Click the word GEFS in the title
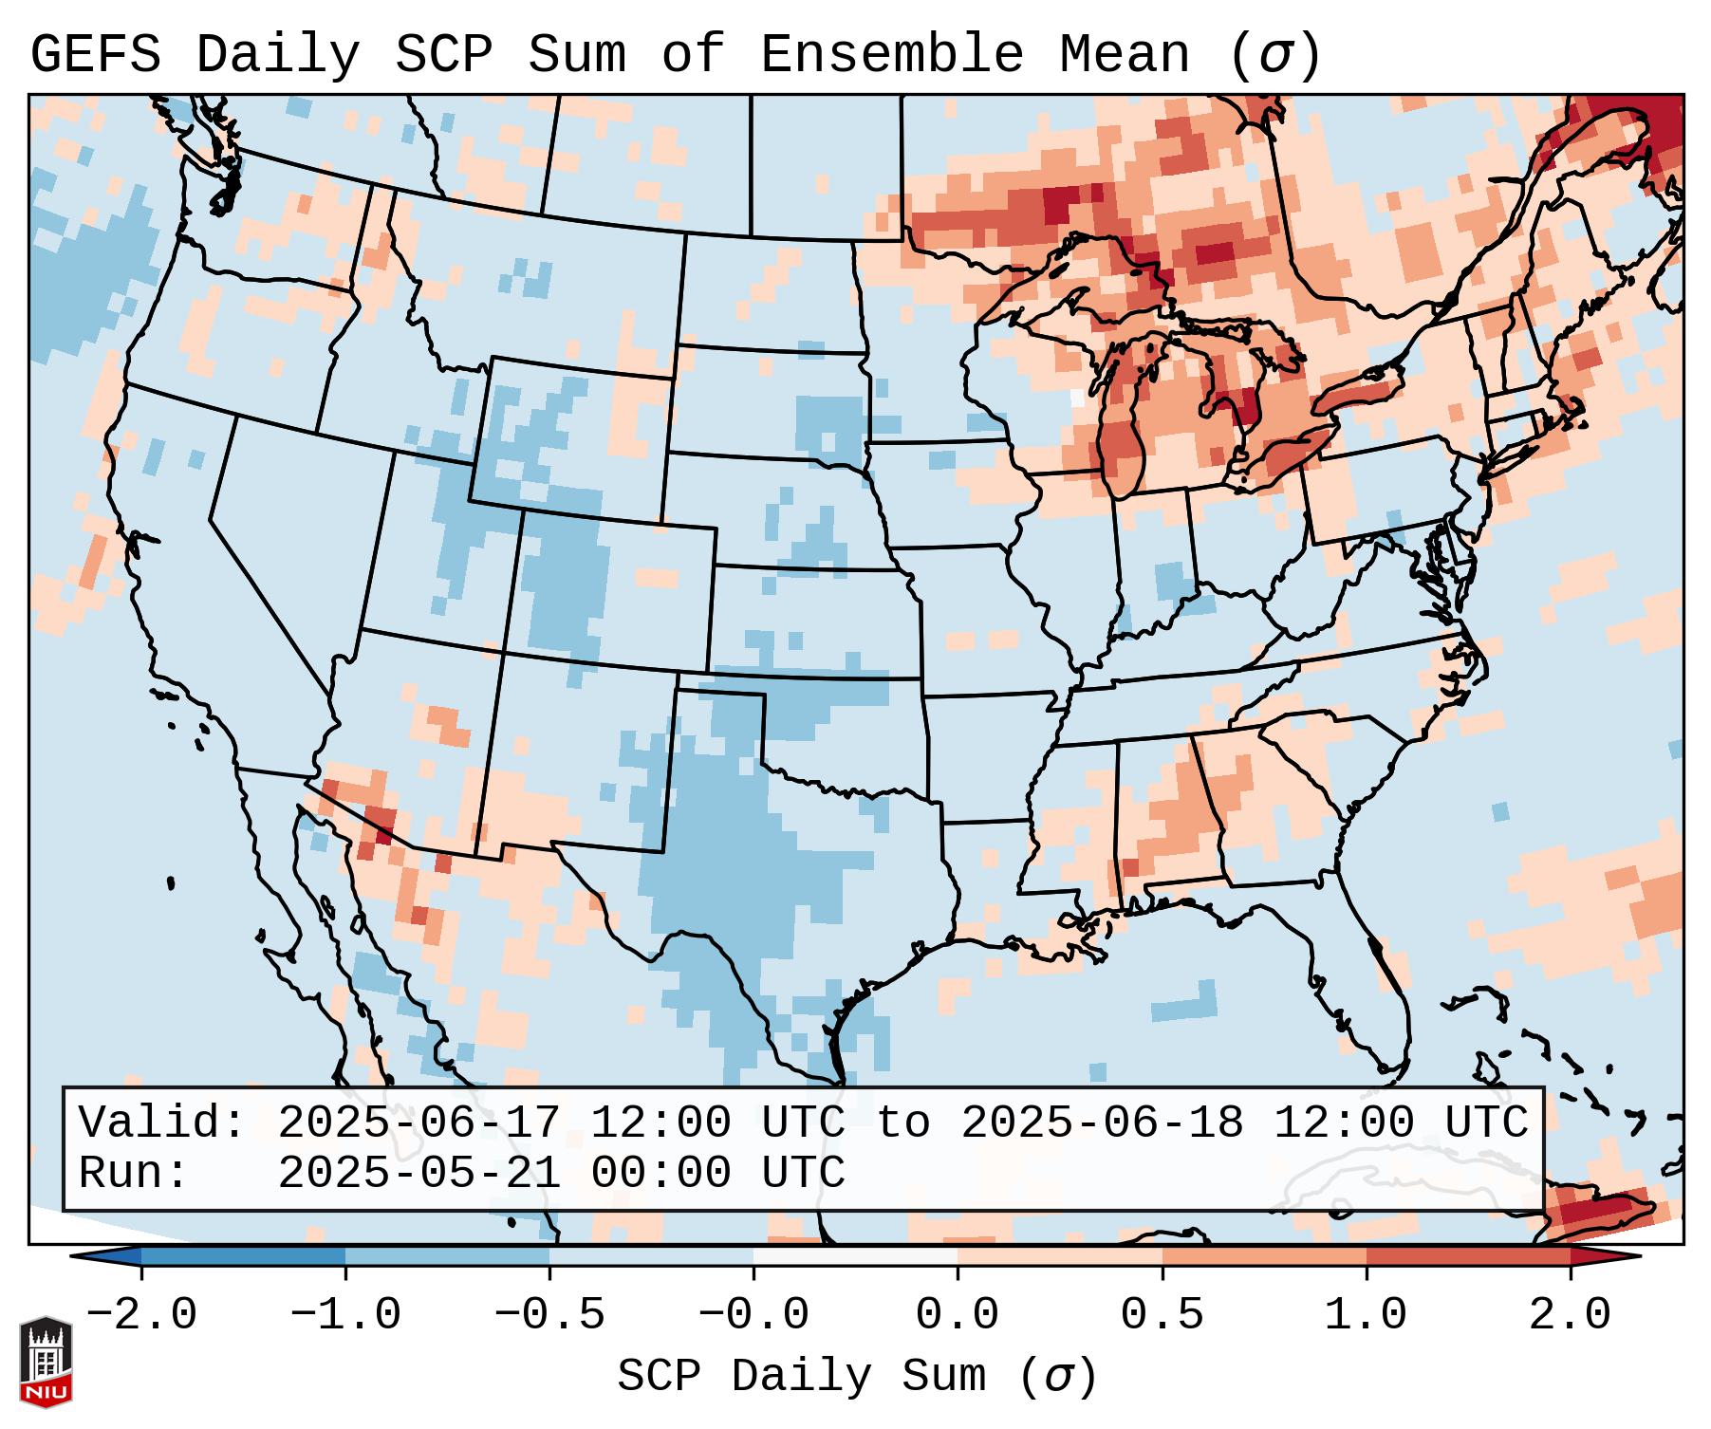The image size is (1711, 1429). point(95,55)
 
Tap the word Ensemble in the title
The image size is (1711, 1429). point(891,55)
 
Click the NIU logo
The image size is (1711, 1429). point(46,1361)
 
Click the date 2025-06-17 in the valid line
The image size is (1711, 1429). point(418,1123)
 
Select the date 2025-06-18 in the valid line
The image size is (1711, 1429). point(1102,1123)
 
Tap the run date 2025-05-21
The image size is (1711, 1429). point(418,1173)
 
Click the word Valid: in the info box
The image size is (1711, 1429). point(162,1123)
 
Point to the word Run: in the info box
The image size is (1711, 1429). point(134,1173)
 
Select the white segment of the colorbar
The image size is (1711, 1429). point(855,1256)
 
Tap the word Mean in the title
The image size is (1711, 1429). point(1124,55)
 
